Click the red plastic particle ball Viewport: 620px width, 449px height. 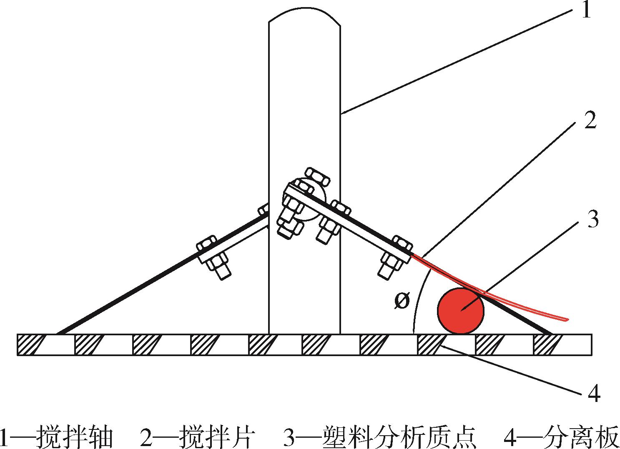(x=461, y=311)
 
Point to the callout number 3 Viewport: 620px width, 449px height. (x=593, y=219)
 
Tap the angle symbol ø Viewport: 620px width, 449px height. (x=402, y=301)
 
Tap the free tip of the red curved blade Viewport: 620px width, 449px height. (x=567, y=320)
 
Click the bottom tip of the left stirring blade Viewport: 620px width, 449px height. (x=58, y=334)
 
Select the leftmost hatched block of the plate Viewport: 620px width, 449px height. (x=30, y=344)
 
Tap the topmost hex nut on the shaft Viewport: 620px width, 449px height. (x=317, y=177)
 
